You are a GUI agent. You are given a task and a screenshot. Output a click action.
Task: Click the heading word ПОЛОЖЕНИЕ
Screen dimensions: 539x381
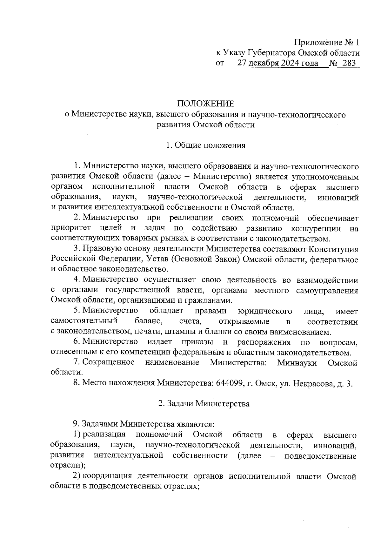click(x=205, y=104)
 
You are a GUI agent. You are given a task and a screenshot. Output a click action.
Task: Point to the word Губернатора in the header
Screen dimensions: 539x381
click(x=270, y=53)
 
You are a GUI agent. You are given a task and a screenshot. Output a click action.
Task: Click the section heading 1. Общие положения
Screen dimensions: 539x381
click(x=205, y=145)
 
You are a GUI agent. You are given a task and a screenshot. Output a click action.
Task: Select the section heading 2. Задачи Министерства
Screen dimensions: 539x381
click(x=204, y=404)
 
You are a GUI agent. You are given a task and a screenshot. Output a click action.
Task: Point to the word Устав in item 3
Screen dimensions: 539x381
click(x=158, y=259)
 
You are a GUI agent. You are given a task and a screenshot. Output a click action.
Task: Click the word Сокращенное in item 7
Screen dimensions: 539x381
click(x=108, y=362)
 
